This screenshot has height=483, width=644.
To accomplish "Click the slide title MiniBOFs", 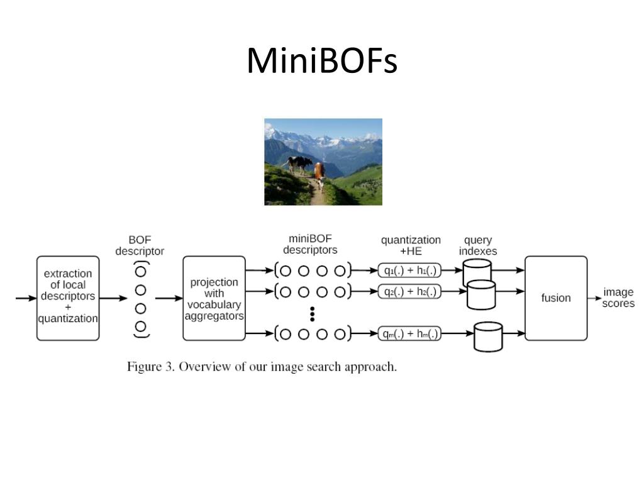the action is pos(322,60).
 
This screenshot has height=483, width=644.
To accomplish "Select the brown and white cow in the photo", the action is pos(319,175).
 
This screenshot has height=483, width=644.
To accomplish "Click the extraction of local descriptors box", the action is pos(68,298).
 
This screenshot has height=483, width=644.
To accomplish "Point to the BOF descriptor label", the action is pos(140,245).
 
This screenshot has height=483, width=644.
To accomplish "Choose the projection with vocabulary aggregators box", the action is pos(214,298).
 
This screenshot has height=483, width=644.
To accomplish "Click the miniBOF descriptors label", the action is pos(310,245).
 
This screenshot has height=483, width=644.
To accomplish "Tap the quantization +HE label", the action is pos(411,245).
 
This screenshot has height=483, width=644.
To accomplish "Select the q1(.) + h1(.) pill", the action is pos(409,270).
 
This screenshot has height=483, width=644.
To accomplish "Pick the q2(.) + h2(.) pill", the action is pos(409,291).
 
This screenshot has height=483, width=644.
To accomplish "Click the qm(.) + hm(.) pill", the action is pos(409,333).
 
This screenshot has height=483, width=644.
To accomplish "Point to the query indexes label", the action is pos(478,245).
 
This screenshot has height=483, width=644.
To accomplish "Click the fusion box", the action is pos(556,298).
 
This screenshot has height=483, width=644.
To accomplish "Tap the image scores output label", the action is pos(619,297).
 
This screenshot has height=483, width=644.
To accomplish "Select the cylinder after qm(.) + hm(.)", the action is pos(488,337).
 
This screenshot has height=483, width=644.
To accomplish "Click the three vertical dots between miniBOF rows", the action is pos(313,314).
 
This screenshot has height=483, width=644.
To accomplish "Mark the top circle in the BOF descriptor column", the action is pos(140,272).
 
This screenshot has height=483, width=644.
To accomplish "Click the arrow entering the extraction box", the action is pos(26,298).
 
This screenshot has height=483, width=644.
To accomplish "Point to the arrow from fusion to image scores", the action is pos(594,298).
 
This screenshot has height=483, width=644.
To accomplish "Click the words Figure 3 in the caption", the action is pos(151,367).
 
